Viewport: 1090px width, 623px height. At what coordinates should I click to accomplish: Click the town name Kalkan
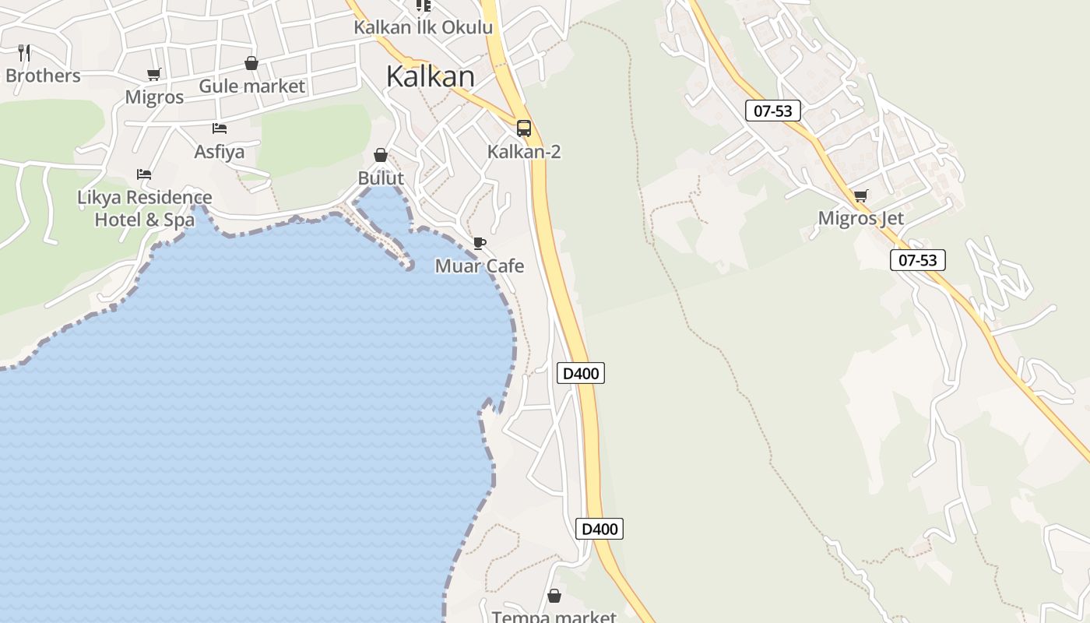coord(430,76)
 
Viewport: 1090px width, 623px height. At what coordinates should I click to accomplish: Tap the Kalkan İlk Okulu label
coord(423,27)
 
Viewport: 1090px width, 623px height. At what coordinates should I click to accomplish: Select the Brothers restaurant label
coord(43,76)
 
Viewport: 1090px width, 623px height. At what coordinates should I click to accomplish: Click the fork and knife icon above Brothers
coord(24,53)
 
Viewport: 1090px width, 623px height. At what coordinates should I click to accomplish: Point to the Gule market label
coord(251,86)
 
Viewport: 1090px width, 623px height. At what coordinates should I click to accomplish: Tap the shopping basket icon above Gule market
coord(251,63)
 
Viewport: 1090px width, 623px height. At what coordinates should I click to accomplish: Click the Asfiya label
coord(219,151)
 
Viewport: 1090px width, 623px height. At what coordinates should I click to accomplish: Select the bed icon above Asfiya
coord(220,128)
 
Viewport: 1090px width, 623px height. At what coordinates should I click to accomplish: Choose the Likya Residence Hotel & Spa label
coord(144,208)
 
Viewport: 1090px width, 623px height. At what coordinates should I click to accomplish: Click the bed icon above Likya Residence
coord(144,174)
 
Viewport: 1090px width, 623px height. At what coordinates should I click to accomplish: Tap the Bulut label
coord(381,178)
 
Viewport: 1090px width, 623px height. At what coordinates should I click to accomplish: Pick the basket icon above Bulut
coord(381,155)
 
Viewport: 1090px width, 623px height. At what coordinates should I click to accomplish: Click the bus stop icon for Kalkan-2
coord(524,128)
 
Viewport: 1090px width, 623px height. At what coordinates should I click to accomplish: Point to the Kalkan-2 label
coord(524,151)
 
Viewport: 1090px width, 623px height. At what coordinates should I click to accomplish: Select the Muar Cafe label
coord(479,266)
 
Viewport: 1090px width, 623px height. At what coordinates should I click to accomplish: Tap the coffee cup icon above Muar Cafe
coord(480,244)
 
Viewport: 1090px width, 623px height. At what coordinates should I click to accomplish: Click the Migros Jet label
coord(860,218)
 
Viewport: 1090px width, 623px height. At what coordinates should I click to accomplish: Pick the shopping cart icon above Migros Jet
coord(860,196)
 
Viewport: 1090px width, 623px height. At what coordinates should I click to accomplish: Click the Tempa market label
coord(554,617)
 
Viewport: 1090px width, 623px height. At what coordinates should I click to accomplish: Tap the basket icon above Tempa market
coord(554,596)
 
